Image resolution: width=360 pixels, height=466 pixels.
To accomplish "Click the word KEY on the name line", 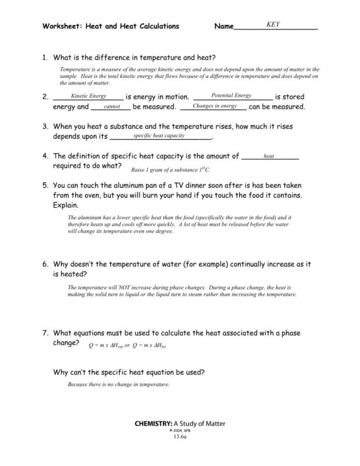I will (273, 25).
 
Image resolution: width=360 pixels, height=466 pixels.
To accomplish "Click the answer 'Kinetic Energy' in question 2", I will (88, 96).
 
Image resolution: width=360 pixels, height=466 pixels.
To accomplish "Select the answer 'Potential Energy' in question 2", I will (231, 96).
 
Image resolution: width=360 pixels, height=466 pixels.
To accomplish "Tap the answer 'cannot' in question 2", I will (112, 106).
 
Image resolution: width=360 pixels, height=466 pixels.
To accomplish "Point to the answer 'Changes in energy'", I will (214, 106).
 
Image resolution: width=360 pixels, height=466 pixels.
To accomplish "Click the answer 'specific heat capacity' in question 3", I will (159, 135).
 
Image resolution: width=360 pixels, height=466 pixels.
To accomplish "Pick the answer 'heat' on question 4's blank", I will (269, 156).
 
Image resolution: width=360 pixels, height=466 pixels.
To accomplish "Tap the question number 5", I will (45, 185).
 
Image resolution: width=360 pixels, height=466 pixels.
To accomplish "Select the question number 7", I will (45, 333).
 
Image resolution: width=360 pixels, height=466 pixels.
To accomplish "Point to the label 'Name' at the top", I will (223, 26).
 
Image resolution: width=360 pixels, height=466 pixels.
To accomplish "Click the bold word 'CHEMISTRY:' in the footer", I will (153, 423).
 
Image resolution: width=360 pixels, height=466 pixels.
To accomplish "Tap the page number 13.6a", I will (180, 437).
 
